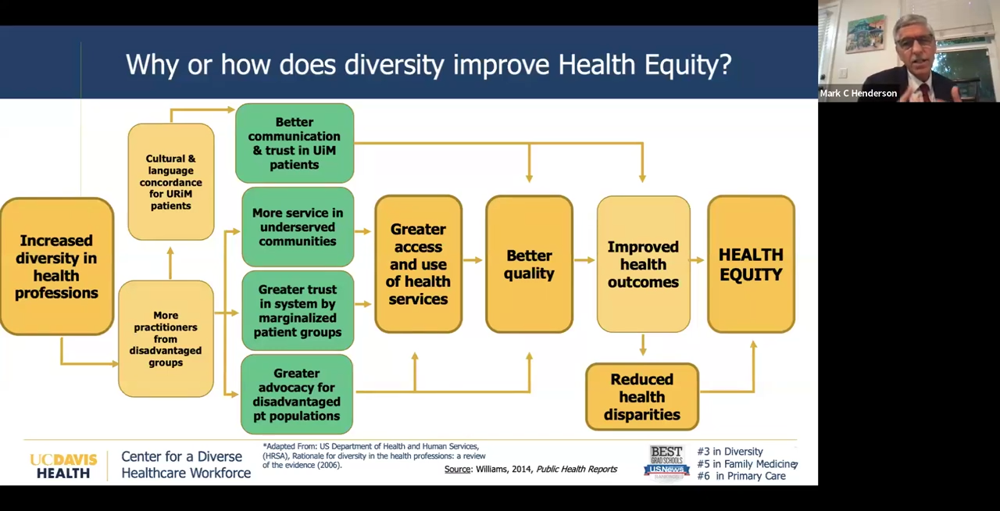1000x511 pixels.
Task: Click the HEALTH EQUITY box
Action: tap(751, 264)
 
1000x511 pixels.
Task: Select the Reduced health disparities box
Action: tap(641, 396)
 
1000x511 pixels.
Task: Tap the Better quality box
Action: tap(529, 264)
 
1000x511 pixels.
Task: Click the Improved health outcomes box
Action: tap(643, 264)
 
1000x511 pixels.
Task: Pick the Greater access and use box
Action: tap(418, 264)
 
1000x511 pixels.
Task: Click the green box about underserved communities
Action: tap(297, 227)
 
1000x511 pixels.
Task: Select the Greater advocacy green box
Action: tap(296, 394)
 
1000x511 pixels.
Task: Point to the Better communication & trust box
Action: tap(294, 143)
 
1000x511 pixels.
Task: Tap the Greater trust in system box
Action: tap(297, 310)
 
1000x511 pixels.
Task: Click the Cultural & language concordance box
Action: tap(170, 181)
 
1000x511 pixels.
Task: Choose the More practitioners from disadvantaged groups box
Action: tap(166, 338)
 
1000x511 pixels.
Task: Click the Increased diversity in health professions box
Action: tap(56, 266)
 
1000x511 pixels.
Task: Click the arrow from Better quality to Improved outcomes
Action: tap(584, 260)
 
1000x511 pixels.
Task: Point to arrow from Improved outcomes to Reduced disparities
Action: tap(642, 345)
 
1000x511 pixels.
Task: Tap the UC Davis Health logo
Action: tap(63, 465)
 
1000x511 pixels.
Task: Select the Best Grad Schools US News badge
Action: tap(666, 463)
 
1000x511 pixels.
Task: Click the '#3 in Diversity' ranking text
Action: tap(730, 452)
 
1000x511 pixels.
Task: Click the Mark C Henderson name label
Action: tap(858, 93)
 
